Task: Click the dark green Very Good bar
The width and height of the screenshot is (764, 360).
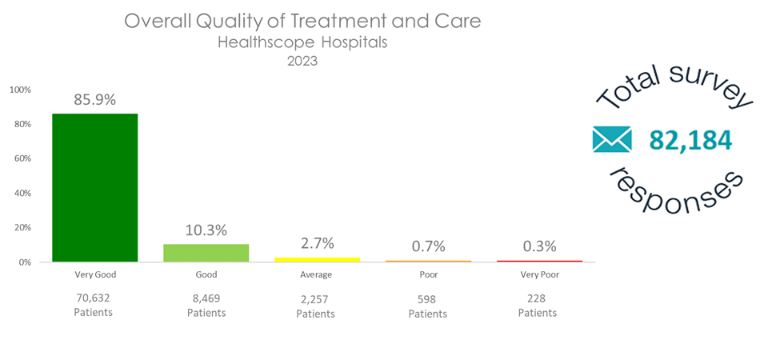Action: [x=95, y=188]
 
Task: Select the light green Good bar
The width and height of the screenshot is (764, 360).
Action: [x=206, y=253]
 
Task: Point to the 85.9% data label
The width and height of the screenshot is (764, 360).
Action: [x=95, y=100]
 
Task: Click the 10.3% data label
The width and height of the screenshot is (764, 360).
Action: [x=206, y=230]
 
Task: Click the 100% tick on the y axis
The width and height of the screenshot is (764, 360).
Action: [x=20, y=90]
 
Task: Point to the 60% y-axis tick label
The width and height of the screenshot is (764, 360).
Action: [x=22, y=158]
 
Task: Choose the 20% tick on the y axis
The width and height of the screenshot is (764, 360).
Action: [x=22, y=227]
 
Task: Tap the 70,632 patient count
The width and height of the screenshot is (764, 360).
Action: [x=94, y=298]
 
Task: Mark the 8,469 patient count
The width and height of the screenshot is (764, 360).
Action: [x=206, y=298]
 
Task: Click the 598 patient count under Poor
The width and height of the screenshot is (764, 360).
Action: [x=427, y=299]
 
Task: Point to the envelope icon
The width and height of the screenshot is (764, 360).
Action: [x=612, y=139]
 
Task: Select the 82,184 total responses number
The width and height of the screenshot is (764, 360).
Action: [x=690, y=140]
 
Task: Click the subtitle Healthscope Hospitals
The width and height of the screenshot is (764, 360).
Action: [x=302, y=42]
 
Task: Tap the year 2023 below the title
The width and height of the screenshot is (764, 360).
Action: [x=302, y=61]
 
